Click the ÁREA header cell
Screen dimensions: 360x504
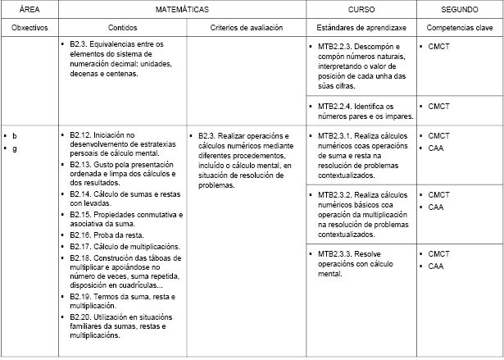point(30,10)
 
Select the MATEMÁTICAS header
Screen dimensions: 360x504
point(182,10)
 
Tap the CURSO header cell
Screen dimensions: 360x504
point(361,10)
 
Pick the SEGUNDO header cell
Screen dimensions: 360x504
point(459,10)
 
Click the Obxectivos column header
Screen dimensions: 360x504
point(30,28)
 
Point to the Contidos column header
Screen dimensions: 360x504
point(123,28)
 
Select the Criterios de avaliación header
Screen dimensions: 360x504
point(245,28)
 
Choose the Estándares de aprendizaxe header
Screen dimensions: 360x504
point(361,28)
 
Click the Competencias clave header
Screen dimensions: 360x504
point(459,28)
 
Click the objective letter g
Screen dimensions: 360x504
point(14,148)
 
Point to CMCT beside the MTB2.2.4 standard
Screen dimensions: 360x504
point(439,106)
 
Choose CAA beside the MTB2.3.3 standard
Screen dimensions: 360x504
point(435,267)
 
